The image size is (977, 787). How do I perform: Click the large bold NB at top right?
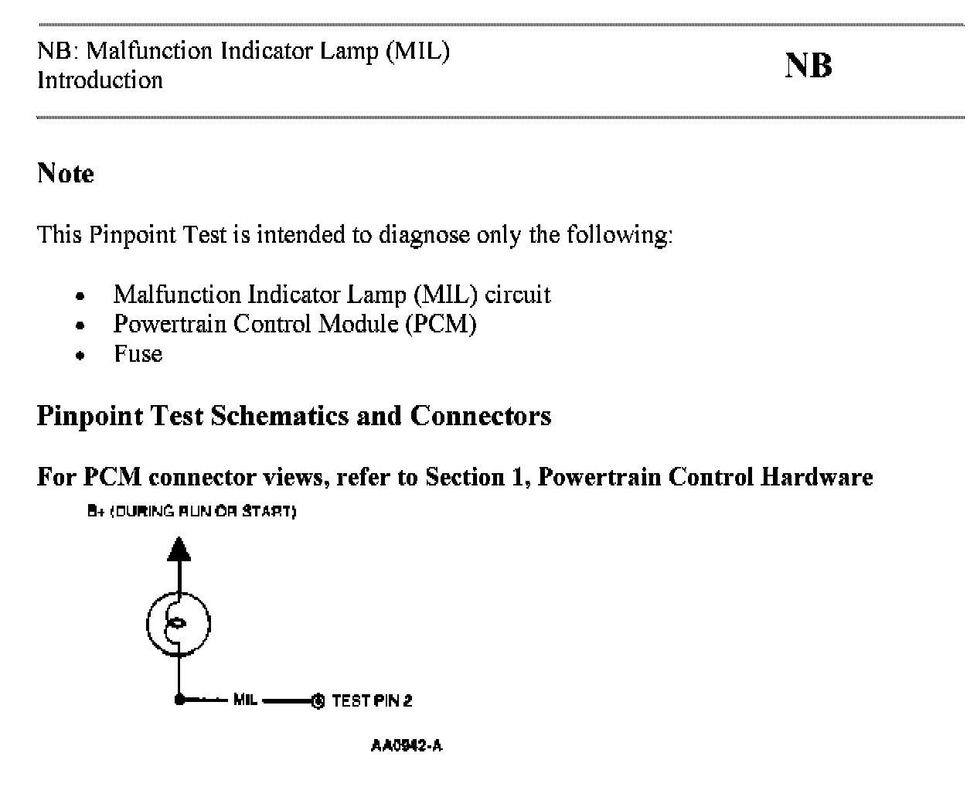pyautogui.click(x=808, y=66)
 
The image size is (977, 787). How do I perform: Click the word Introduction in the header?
pyautogui.click(x=100, y=80)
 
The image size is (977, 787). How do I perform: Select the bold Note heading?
pyautogui.click(x=66, y=173)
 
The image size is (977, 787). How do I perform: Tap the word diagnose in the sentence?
pyautogui.click(x=424, y=233)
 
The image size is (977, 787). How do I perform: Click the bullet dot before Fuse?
pyautogui.click(x=80, y=356)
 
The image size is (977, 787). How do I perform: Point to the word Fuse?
pyautogui.click(x=138, y=354)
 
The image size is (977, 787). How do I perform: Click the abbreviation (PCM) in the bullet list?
pyautogui.click(x=441, y=323)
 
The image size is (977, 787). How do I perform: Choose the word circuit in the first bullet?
pyautogui.click(x=518, y=295)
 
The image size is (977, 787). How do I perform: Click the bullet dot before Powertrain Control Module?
pyautogui.click(x=80, y=325)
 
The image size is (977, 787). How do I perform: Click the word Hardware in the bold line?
pyautogui.click(x=816, y=477)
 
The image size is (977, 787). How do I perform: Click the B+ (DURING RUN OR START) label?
pyautogui.click(x=192, y=512)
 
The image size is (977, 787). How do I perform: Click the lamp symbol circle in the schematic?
pyautogui.click(x=179, y=623)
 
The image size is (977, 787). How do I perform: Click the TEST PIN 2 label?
pyautogui.click(x=372, y=701)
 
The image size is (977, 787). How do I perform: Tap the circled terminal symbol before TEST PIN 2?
pyautogui.click(x=318, y=701)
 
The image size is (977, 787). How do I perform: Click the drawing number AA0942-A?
pyautogui.click(x=407, y=746)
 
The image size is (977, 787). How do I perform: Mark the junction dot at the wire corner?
pyautogui.click(x=179, y=700)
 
